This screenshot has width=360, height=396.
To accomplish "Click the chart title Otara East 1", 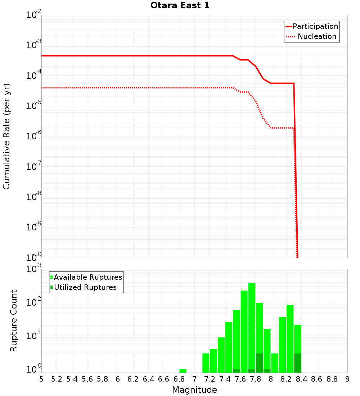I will [180, 6].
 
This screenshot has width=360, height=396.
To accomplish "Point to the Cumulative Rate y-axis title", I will [6, 136].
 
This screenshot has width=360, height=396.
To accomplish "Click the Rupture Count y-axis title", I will [14, 320].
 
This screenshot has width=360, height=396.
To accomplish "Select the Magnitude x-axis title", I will [194, 390].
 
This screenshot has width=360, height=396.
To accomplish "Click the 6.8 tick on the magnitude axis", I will [179, 379].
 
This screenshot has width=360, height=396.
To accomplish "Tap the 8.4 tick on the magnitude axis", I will [302, 379].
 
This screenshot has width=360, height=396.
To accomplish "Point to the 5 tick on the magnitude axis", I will [41, 379].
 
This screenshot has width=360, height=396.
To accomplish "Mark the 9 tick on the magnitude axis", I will [347, 379].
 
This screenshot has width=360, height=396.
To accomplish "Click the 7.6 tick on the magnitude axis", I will [240, 379].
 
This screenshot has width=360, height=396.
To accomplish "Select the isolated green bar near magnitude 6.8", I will [183, 371].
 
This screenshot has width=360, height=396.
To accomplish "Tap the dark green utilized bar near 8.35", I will [298, 363].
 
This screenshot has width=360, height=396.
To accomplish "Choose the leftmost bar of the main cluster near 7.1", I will [206, 363].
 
